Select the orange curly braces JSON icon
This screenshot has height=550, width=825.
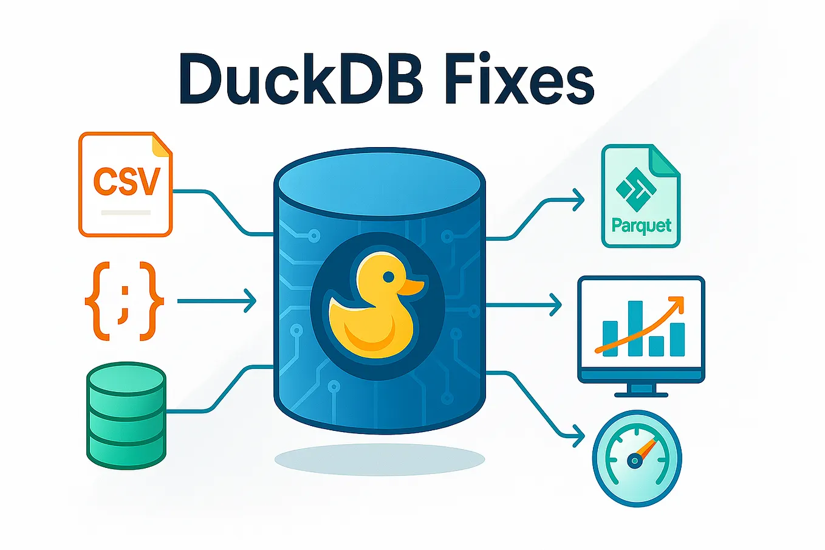click(x=124, y=301)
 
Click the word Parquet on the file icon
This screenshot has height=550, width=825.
click(x=642, y=225)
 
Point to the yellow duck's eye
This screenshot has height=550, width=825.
click(x=388, y=277)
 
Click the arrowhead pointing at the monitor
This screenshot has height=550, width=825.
click(x=555, y=304)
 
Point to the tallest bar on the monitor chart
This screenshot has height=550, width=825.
click(x=635, y=328)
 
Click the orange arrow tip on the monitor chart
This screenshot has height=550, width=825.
click(x=679, y=301)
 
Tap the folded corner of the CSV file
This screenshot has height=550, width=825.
click(x=162, y=145)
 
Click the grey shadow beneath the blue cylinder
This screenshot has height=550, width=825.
click(x=379, y=459)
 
